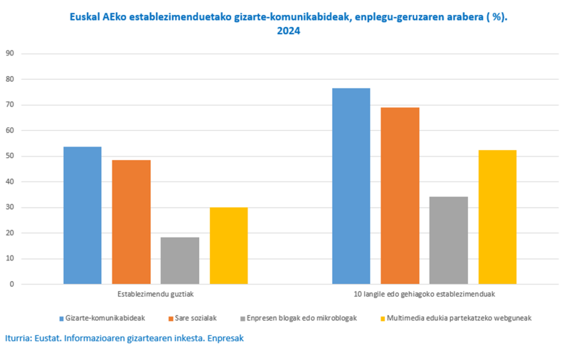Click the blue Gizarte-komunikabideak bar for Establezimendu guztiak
pyautogui.click(x=83, y=215)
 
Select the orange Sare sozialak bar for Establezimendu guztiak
pyautogui.click(x=131, y=222)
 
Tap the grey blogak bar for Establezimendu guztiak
pyautogui.click(x=180, y=260)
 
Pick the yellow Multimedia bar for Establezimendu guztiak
pyautogui.click(x=228, y=245)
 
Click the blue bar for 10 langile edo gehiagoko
pyautogui.click(x=351, y=186)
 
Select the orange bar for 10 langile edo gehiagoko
pyautogui.click(x=400, y=196)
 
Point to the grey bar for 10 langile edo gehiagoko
pyautogui.click(x=449, y=240)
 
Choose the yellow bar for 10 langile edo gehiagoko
pyautogui.click(x=497, y=217)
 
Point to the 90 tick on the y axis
pyautogui.click(x=9, y=53)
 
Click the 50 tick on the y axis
pyautogui.click(x=9, y=156)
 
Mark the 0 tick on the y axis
pyautogui.click(x=11, y=284)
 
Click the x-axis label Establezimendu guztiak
pyautogui.click(x=155, y=293)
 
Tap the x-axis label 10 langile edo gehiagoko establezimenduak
pyautogui.click(x=425, y=293)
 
